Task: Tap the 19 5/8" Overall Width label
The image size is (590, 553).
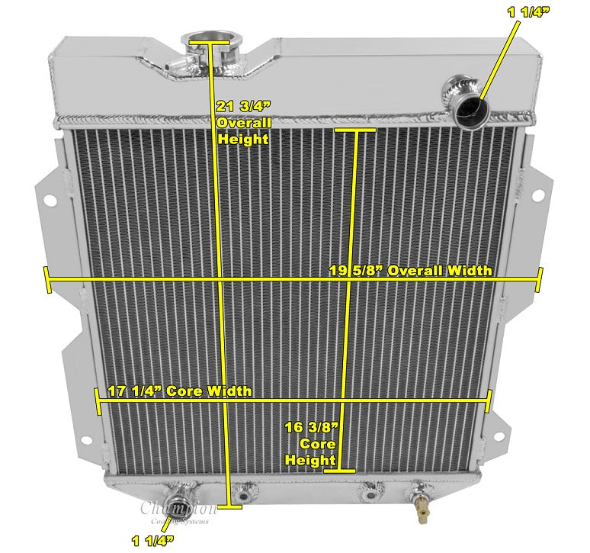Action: click(x=410, y=270)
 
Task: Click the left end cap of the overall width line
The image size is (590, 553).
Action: click(x=47, y=279)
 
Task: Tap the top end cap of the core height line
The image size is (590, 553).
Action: click(x=354, y=131)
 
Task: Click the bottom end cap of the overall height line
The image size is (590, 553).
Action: click(x=230, y=504)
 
